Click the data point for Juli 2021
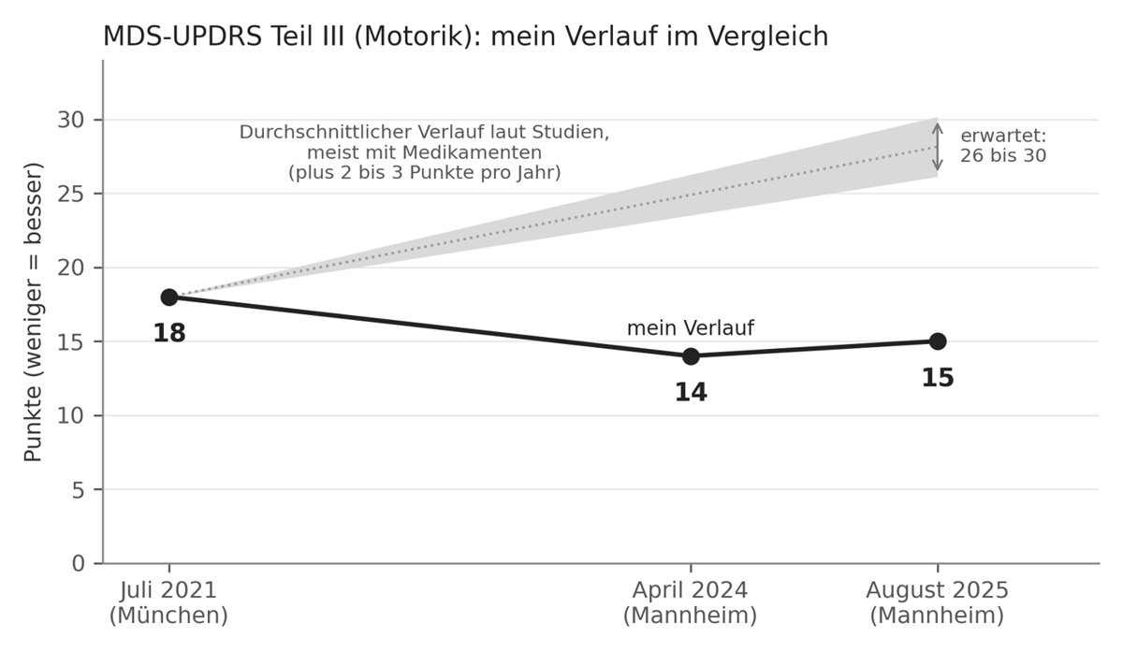point(169,297)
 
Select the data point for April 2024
point(691,356)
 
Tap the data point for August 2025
point(938,341)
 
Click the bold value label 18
point(169,333)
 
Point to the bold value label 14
point(691,392)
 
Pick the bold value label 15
point(938,378)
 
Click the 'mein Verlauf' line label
point(691,328)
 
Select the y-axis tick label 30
point(72,121)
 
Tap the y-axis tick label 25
point(72,194)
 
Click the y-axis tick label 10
point(72,416)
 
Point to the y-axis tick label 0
point(79,564)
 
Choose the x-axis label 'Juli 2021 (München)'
point(168,602)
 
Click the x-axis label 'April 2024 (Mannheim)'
point(690,602)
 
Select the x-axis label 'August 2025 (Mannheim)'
point(937,602)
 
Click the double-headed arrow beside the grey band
point(938,148)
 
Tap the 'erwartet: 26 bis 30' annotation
point(1003,146)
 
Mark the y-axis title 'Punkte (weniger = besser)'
point(33,312)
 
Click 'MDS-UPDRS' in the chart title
point(182,36)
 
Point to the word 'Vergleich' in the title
point(768,36)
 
